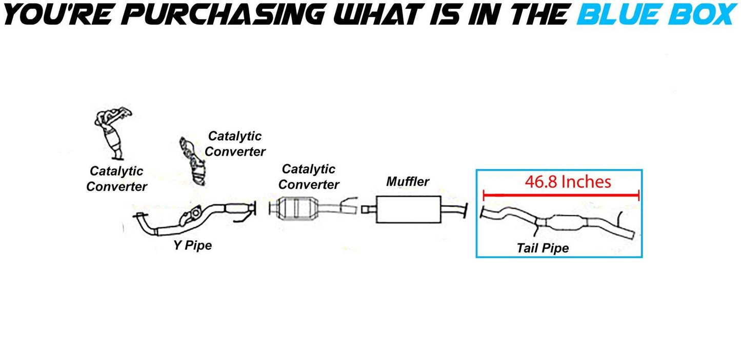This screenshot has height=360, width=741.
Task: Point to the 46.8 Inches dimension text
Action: (568, 182)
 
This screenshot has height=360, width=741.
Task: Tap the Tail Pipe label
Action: (543, 249)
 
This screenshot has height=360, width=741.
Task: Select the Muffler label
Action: (408, 181)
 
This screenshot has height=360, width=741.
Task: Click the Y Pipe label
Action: (192, 246)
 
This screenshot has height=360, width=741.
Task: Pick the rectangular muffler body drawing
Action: (408, 209)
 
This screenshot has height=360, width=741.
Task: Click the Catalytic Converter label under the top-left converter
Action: (116, 178)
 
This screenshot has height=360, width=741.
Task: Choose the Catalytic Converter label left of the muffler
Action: (309, 176)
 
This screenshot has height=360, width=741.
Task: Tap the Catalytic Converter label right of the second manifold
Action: (235, 144)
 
